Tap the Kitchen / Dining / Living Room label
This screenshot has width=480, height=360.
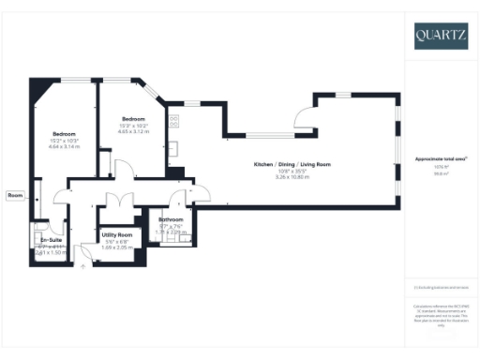pos(292,165)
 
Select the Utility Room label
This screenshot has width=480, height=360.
pos(117,234)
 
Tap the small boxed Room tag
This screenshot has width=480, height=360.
pos(15,195)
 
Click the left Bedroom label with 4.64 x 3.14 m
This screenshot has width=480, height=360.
pos(65,134)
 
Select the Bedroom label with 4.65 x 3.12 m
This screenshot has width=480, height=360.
pos(134,119)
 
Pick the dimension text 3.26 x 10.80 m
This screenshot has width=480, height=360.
pos(292,177)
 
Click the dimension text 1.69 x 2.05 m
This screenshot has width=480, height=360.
pos(117,247)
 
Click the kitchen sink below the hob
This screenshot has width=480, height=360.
pos(174,147)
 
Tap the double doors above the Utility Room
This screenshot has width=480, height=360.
pos(117,202)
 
